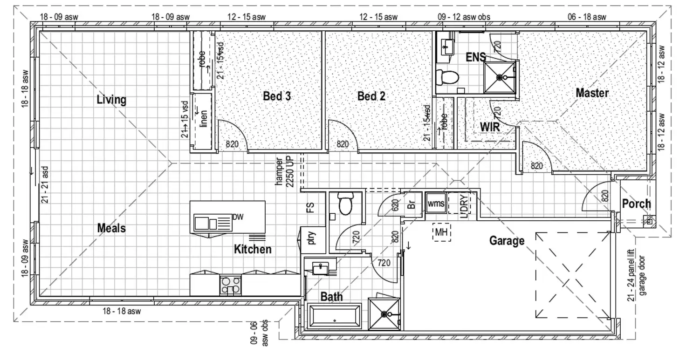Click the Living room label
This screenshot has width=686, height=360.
[x=111, y=100]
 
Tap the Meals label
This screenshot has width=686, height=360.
[x=111, y=228]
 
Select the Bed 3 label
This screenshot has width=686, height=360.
[x=278, y=96]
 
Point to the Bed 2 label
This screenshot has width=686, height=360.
[x=371, y=96]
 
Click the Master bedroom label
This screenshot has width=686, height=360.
[x=592, y=93]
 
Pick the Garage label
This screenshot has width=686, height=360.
[x=507, y=241]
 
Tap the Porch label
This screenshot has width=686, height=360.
[x=636, y=204]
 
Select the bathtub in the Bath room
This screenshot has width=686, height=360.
[x=335, y=316]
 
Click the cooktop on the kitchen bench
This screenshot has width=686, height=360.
[x=230, y=285]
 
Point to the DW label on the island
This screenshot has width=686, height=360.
[x=238, y=217]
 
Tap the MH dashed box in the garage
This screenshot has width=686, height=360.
[x=441, y=231]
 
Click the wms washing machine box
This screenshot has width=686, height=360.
[x=436, y=204]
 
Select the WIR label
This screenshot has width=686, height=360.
[x=490, y=126]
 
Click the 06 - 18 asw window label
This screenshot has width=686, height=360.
[x=587, y=17]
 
